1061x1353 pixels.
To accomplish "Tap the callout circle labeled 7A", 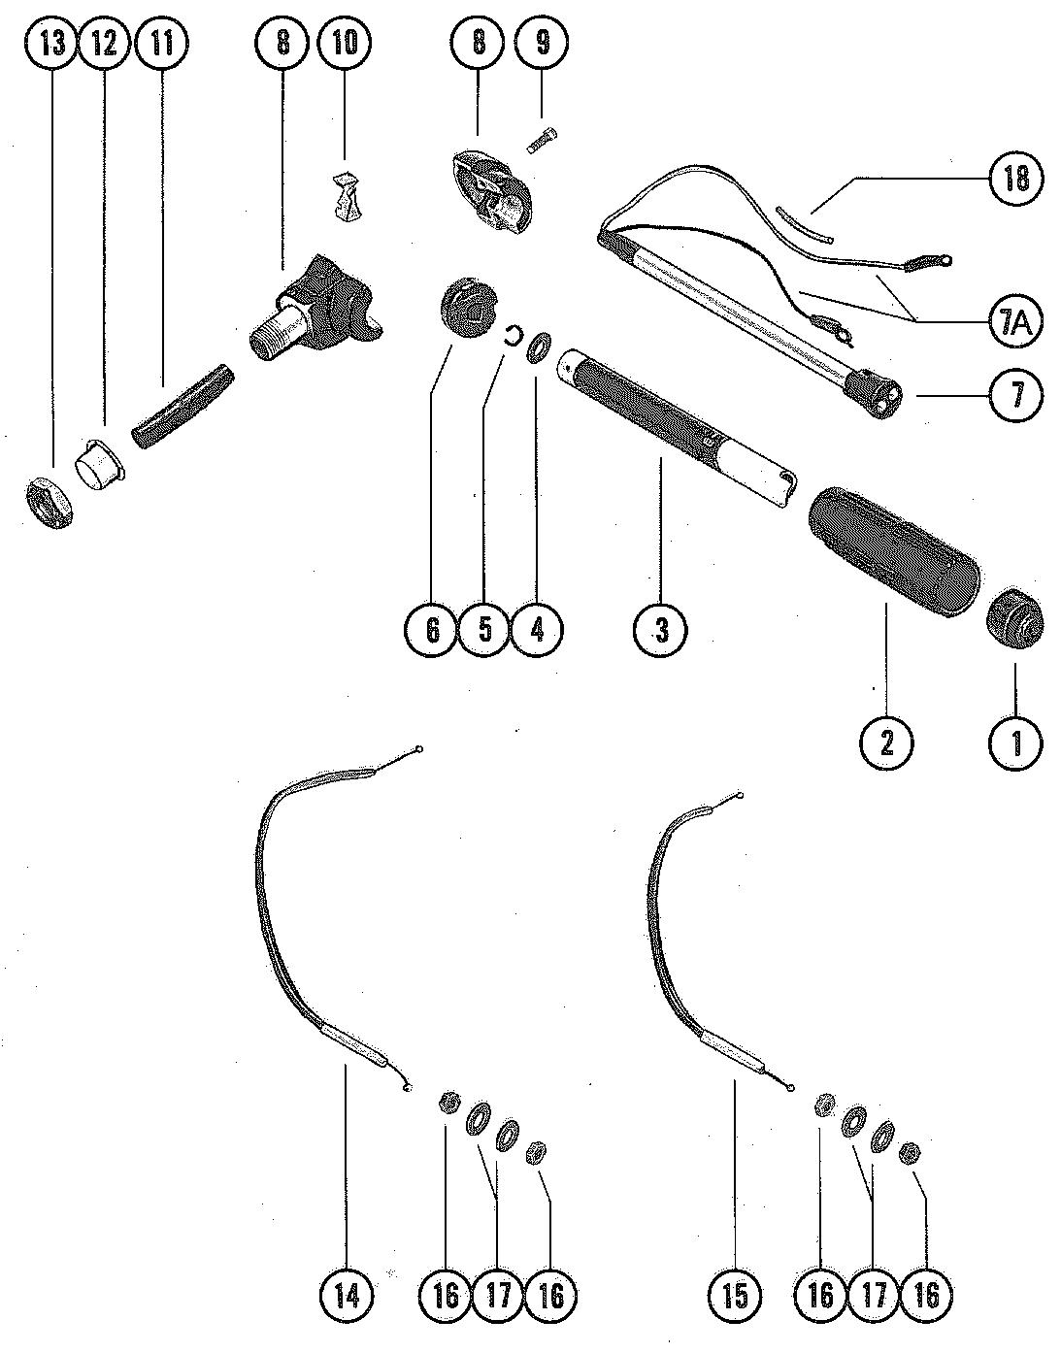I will [1014, 320].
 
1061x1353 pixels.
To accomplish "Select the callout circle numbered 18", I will [1014, 179].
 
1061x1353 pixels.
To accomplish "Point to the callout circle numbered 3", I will [660, 629].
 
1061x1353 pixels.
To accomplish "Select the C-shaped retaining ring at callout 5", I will [510, 336].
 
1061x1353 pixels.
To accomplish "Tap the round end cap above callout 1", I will [1013, 613].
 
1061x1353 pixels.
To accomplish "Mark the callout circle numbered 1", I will [1015, 743].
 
